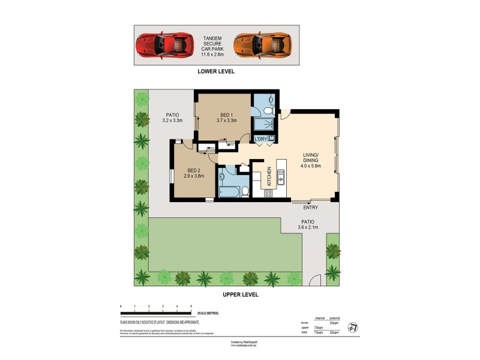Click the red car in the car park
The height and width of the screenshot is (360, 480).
click(162, 44)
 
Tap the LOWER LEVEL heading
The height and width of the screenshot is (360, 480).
click(216, 71)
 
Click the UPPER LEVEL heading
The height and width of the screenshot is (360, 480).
click(240, 295)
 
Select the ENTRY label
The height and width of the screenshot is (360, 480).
click(310, 208)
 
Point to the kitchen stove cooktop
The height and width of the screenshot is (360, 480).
click(268, 193)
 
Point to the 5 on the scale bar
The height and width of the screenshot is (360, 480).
click(191, 307)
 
